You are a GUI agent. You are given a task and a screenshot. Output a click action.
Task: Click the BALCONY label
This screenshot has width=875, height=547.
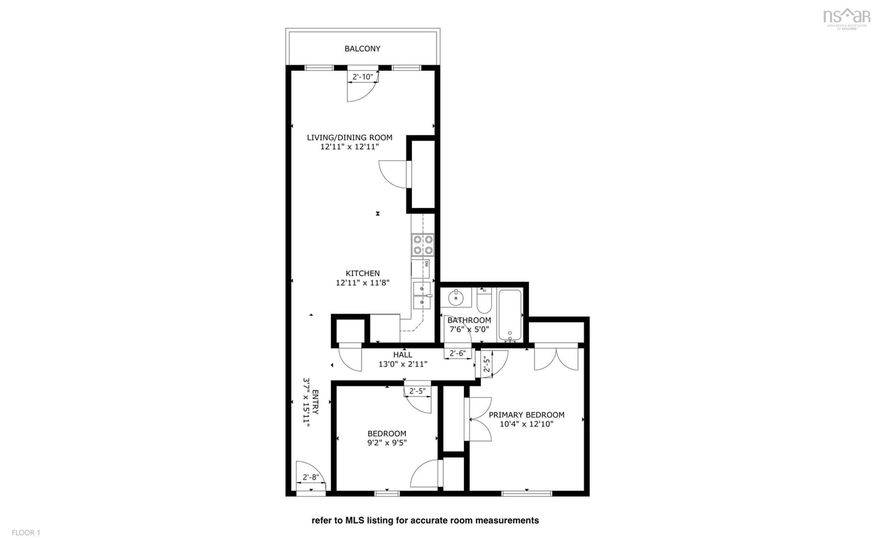(x=362, y=49)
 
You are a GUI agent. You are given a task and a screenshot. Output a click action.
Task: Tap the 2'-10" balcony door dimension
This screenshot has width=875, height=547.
(x=363, y=77)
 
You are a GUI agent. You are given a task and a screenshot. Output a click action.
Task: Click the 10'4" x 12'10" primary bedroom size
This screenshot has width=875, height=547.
(x=526, y=424)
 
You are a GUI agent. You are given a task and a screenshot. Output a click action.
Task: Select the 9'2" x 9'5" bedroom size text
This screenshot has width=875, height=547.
(x=387, y=442)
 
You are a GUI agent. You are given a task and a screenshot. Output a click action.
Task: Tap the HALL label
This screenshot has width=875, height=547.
(x=402, y=355)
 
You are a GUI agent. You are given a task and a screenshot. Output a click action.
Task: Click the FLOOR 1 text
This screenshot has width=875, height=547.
(x=26, y=533)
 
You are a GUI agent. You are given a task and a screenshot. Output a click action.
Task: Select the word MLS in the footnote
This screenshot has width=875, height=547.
(x=355, y=520)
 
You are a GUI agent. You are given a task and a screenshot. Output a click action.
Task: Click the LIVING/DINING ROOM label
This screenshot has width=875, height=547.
(x=349, y=137)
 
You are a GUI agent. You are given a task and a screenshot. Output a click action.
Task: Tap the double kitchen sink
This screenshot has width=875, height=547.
(x=422, y=296)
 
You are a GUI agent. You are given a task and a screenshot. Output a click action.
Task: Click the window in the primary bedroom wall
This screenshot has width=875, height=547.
(x=526, y=493)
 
